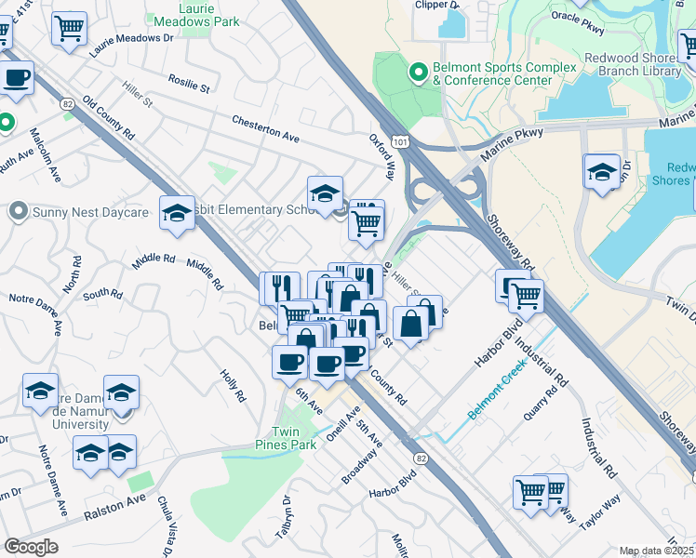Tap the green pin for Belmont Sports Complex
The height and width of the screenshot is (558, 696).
pyautogui.click(x=418, y=70)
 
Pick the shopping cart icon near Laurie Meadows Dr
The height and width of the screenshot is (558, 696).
pyautogui.click(x=69, y=29)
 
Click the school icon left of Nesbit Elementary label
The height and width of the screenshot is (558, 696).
pyautogui.click(x=176, y=214)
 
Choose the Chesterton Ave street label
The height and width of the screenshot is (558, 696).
pyautogui.click(x=265, y=132)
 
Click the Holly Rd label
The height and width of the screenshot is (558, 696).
pyautogui.click(x=233, y=384)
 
